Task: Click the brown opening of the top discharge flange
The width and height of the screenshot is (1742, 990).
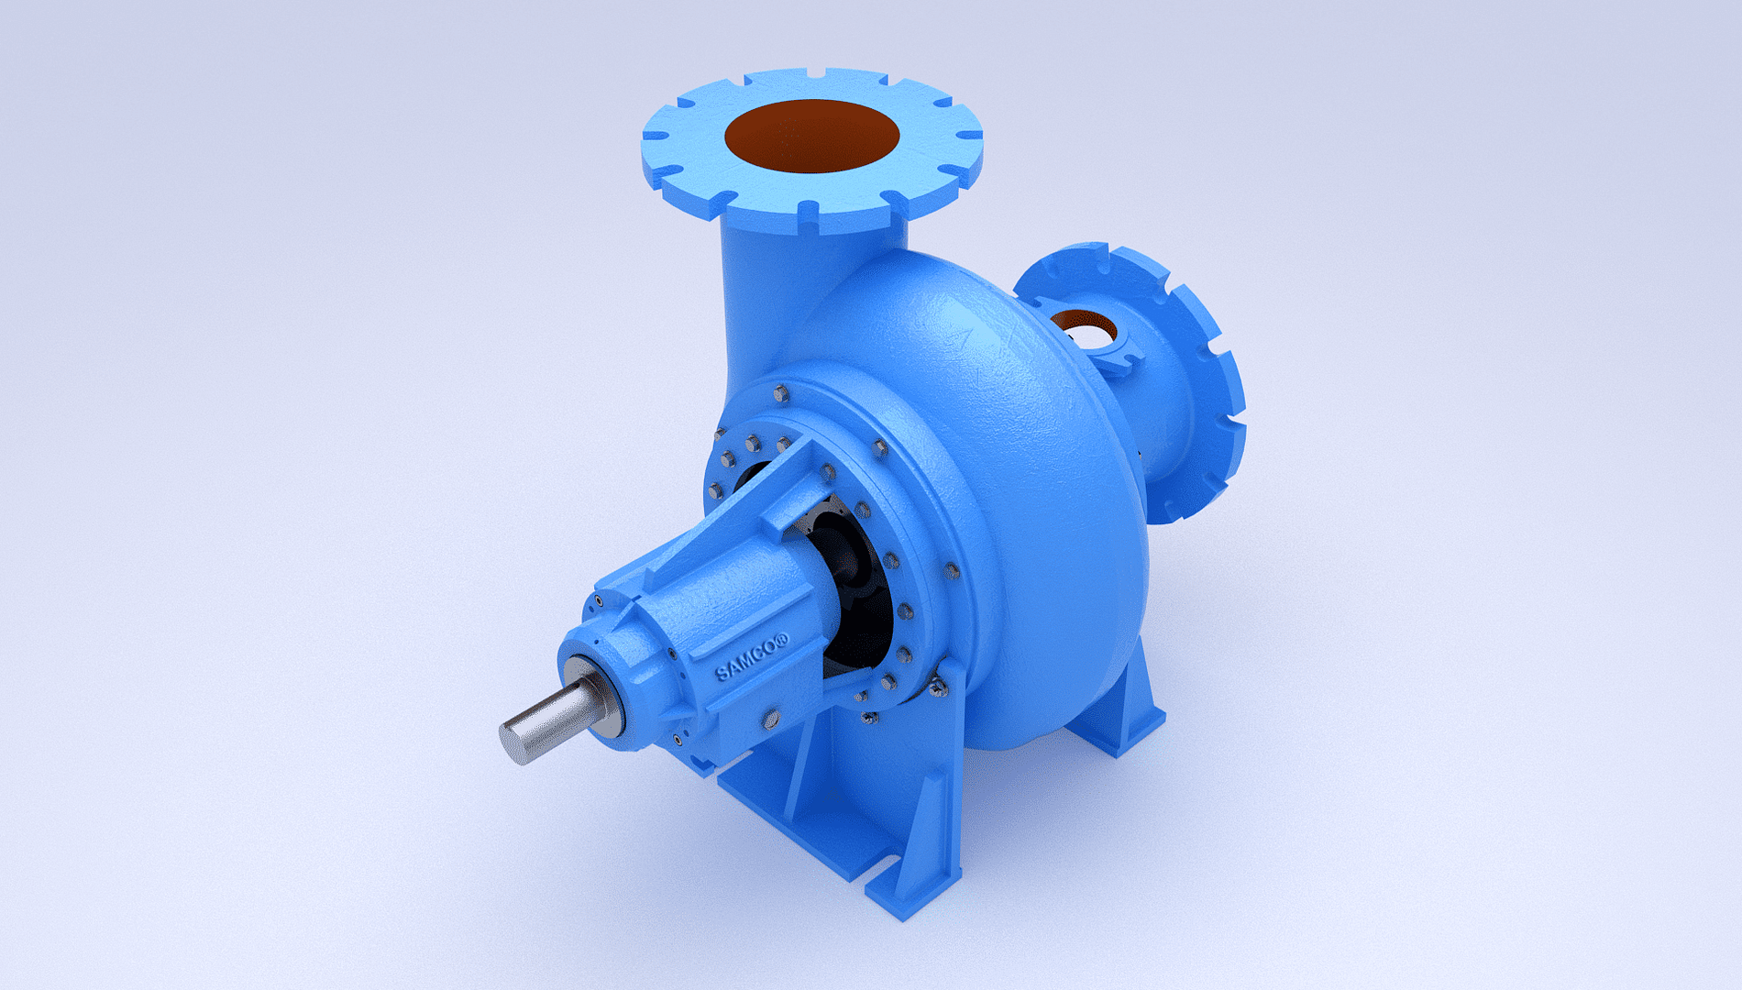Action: (811, 136)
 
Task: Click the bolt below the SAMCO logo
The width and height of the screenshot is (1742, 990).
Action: (771, 720)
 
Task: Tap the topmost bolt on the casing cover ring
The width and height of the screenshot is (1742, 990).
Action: (780, 394)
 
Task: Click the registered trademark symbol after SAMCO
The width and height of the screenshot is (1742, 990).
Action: (782, 641)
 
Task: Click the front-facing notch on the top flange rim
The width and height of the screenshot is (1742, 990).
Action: (807, 214)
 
